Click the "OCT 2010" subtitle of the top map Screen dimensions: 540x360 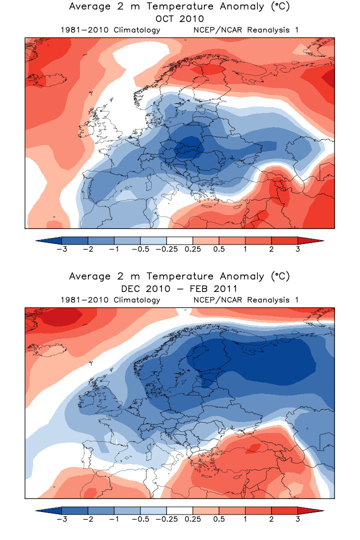(179, 19)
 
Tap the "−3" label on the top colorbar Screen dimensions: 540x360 (61, 249)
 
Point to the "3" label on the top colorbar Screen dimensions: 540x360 (297, 249)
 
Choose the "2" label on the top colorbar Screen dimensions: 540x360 (271, 249)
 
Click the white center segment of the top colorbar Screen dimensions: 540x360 (179, 240)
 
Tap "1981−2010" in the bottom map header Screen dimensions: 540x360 (79, 300)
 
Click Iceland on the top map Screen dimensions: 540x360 (42, 79)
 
